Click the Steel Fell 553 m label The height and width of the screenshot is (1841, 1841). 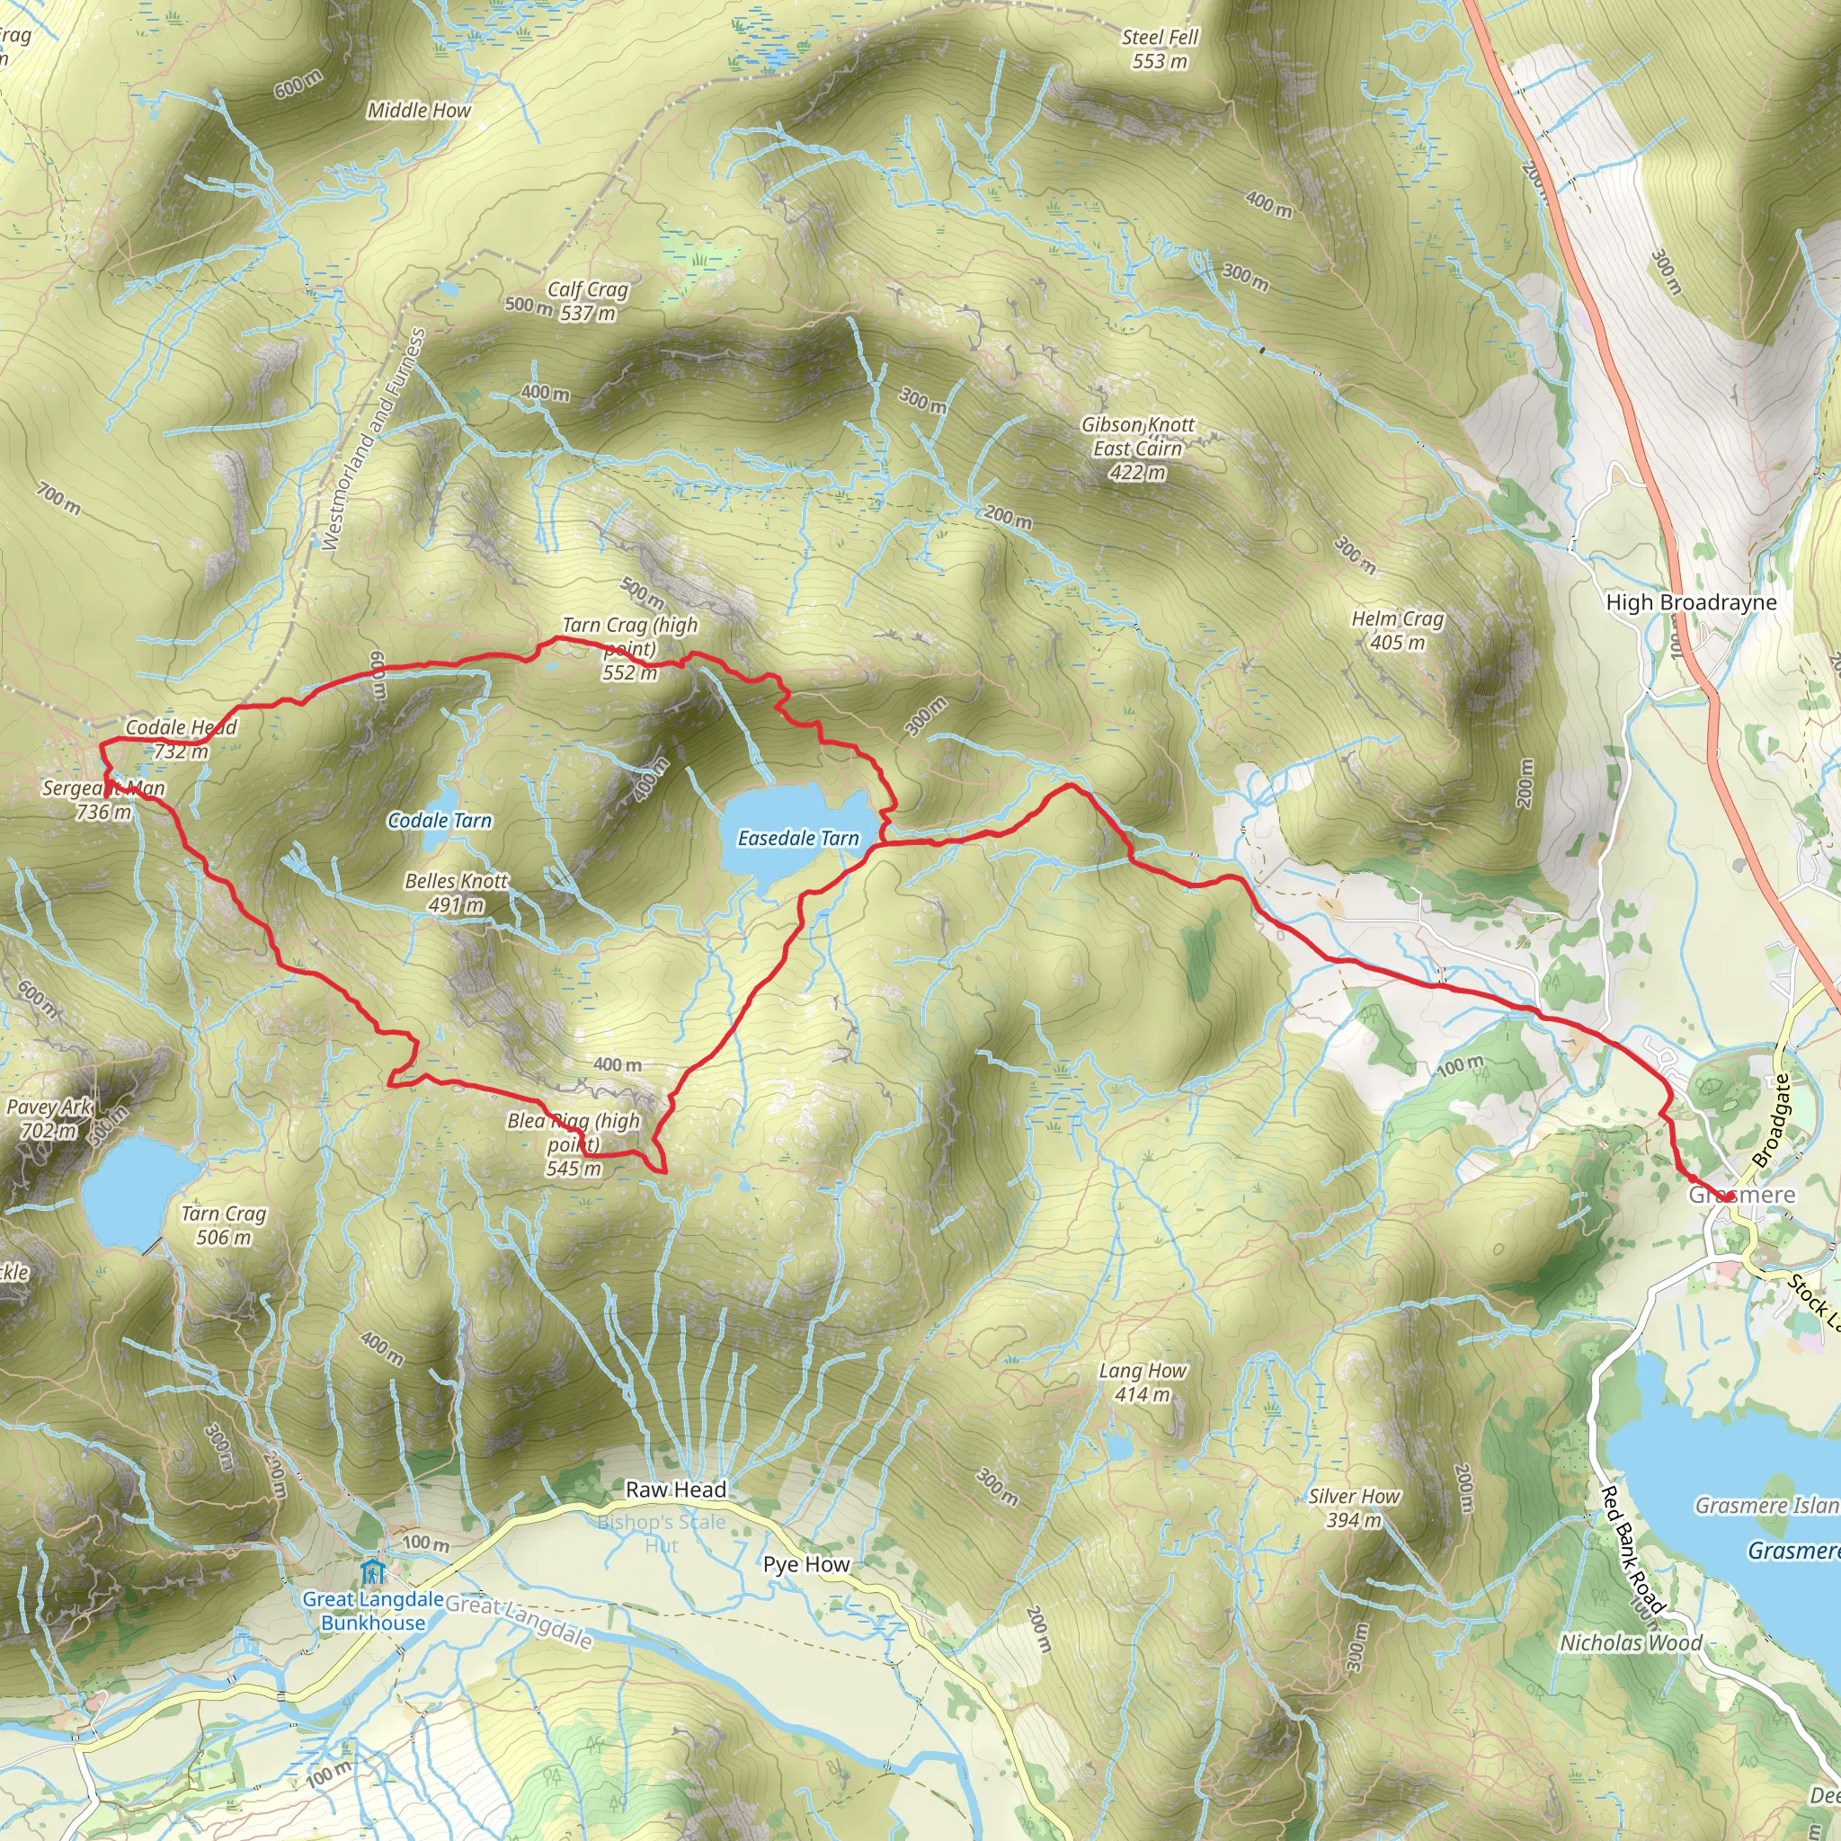coord(1160,49)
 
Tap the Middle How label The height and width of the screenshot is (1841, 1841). coord(419,111)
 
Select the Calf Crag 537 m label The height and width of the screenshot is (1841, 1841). coord(587,301)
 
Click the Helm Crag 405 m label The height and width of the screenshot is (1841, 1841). coord(1398,631)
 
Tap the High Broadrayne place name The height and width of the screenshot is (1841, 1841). coord(1692,602)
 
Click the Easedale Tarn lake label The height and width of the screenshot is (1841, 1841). coord(798,839)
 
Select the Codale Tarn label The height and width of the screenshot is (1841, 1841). coord(440,821)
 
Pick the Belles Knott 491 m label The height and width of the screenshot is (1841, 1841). coord(457,893)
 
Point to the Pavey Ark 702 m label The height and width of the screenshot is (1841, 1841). coord(49,1118)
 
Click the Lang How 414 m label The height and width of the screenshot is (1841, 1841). coord(1143,1383)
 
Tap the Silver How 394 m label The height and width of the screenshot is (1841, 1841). coord(1354,1507)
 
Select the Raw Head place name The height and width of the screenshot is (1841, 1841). coord(676,1490)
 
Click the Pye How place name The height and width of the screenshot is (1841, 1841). coord(806,1565)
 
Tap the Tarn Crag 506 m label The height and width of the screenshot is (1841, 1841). coord(224,1225)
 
